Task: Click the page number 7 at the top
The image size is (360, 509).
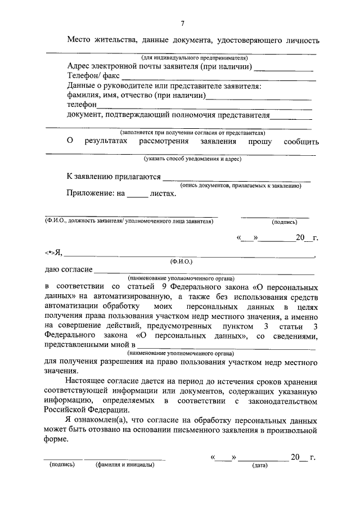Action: click(182, 23)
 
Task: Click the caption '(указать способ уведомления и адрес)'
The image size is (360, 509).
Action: click(192, 159)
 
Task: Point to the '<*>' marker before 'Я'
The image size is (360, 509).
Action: click(50, 254)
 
